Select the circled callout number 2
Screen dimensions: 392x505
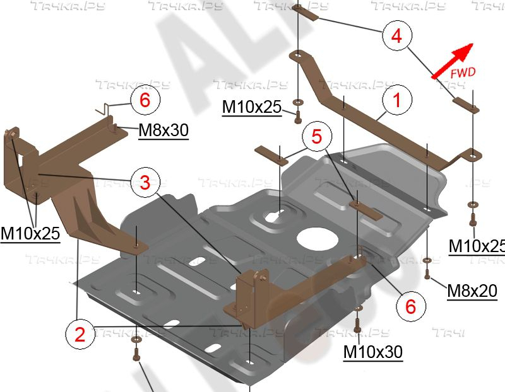pyautogui.click(x=80, y=335)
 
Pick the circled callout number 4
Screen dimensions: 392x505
pyautogui.click(x=396, y=35)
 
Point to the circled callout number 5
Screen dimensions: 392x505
pyautogui.click(x=317, y=136)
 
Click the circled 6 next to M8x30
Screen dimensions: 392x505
pyautogui.click(x=145, y=100)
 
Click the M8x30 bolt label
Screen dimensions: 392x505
pyautogui.click(x=163, y=130)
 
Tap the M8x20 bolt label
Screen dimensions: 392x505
pyautogui.click(x=472, y=291)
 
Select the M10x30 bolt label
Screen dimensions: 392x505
pyautogui.click(x=373, y=352)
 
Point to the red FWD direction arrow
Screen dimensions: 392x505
pyautogui.click(x=452, y=61)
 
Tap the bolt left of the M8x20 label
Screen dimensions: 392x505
pyautogui.click(x=427, y=274)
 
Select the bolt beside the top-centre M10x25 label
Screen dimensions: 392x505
pyautogui.click(x=297, y=115)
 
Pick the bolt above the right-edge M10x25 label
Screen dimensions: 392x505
pyautogui.click(x=473, y=218)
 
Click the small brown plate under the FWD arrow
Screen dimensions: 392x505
pyautogui.click(x=466, y=105)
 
